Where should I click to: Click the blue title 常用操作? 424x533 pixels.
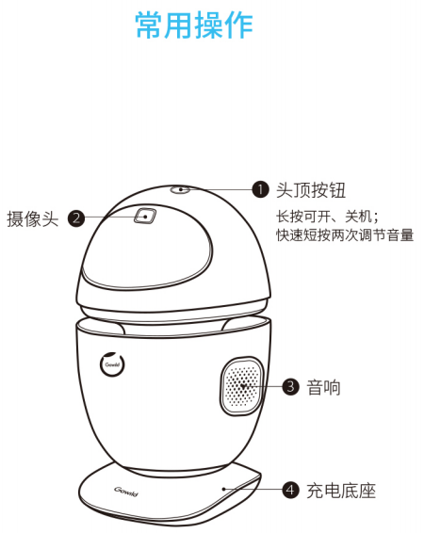[194, 24]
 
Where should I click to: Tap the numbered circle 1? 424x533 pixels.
[260, 189]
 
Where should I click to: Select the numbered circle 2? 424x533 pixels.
[76, 218]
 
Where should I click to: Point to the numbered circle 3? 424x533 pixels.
[291, 386]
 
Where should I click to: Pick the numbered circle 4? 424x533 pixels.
[291, 491]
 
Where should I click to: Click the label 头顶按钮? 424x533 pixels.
[311, 189]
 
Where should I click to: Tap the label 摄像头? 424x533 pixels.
[33, 218]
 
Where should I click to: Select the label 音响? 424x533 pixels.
[323, 387]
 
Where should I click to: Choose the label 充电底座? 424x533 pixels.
[341, 491]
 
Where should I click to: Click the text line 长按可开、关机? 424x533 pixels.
[327, 217]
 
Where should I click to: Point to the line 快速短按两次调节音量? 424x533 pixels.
[345, 234]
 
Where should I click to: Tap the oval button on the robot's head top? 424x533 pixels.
[180, 189]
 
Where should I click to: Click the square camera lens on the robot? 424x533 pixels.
[145, 216]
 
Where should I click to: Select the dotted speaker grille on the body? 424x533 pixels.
[242, 386]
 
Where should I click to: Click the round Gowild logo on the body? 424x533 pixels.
[112, 364]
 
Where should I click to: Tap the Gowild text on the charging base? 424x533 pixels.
[126, 492]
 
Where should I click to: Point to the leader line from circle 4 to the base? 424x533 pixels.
[253, 489]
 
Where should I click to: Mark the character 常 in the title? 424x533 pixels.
[149, 24]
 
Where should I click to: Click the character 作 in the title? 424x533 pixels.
[239, 24]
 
